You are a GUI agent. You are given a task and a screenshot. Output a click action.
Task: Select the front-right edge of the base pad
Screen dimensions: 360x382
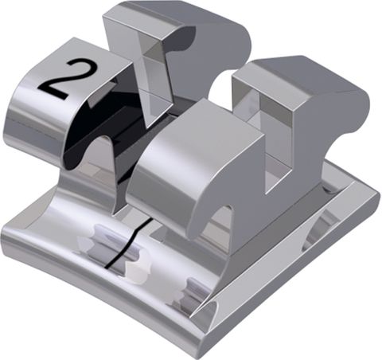click(294, 279)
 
